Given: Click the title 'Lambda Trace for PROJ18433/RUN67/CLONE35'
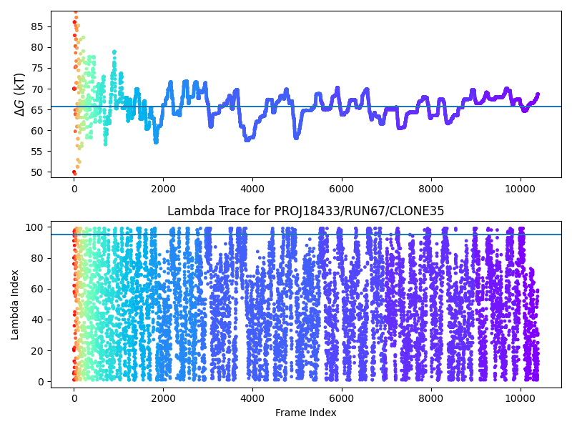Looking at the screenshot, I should tap(306, 211).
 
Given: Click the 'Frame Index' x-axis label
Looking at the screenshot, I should tap(306, 413).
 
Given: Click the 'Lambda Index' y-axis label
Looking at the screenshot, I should tap(15, 305).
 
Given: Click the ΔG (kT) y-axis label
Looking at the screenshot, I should tap(19, 94).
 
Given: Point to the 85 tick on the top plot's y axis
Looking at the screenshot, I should tap(36, 26).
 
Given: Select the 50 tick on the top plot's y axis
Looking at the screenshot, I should tap(36, 172).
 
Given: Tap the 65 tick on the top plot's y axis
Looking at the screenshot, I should tap(36, 109).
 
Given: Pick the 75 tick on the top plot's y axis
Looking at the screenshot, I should tap(36, 68).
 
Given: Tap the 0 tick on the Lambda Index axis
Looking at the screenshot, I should tap(39, 382).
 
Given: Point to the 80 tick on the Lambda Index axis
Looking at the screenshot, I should tap(36, 258).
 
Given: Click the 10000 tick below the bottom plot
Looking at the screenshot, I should tap(520, 398).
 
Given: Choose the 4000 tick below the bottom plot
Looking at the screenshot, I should tap(252, 398).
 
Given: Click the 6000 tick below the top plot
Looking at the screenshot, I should tap(342, 188).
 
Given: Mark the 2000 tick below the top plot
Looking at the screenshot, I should tap(163, 188).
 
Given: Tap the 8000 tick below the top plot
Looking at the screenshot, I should tap(431, 188).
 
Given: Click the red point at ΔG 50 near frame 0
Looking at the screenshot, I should tap(74, 172).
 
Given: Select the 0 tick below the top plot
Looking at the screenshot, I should tap(74, 188).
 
